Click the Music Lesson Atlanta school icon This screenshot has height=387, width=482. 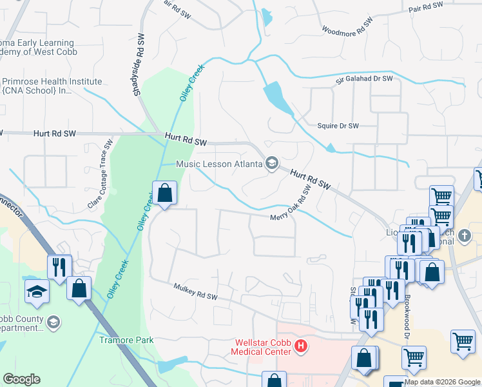(x=272, y=163)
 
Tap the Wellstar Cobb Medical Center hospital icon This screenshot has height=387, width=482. (x=300, y=347)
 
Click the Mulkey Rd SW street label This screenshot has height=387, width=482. (x=196, y=292)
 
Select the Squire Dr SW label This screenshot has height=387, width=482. (x=338, y=126)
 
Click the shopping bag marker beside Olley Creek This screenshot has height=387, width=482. (x=164, y=193)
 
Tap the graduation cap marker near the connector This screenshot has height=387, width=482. (x=37, y=292)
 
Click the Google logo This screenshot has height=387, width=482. (x=21, y=379)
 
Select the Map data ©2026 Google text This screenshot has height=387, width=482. (x=442, y=382)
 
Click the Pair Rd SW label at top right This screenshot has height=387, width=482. (x=427, y=7)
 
